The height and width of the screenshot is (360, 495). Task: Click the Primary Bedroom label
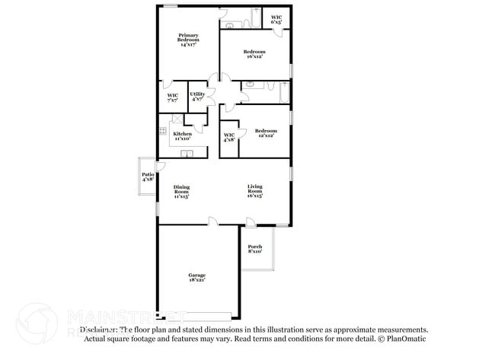[x=189, y=40]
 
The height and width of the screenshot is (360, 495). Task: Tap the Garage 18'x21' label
[x=197, y=277]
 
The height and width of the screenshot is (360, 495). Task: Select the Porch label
[x=255, y=249]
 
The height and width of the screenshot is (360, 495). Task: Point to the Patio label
[x=148, y=177]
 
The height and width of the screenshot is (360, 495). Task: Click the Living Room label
[x=254, y=191]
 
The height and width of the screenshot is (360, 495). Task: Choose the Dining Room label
[x=181, y=191]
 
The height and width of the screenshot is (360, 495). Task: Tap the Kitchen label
[x=182, y=136]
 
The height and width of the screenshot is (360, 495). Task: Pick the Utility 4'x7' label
[x=197, y=97]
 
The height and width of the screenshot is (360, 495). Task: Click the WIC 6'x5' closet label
[x=276, y=20]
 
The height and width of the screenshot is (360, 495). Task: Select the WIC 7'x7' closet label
[x=172, y=97]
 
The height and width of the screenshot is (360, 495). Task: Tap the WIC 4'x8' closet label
[x=229, y=138]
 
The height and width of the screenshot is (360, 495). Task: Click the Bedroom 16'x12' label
[x=254, y=55]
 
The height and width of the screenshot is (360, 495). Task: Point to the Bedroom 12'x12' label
[x=266, y=133]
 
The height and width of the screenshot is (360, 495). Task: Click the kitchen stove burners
[x=162, y=132]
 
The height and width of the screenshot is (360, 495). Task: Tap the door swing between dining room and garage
[x=214, y=221]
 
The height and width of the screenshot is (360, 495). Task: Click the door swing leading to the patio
[x=160, y=166]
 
